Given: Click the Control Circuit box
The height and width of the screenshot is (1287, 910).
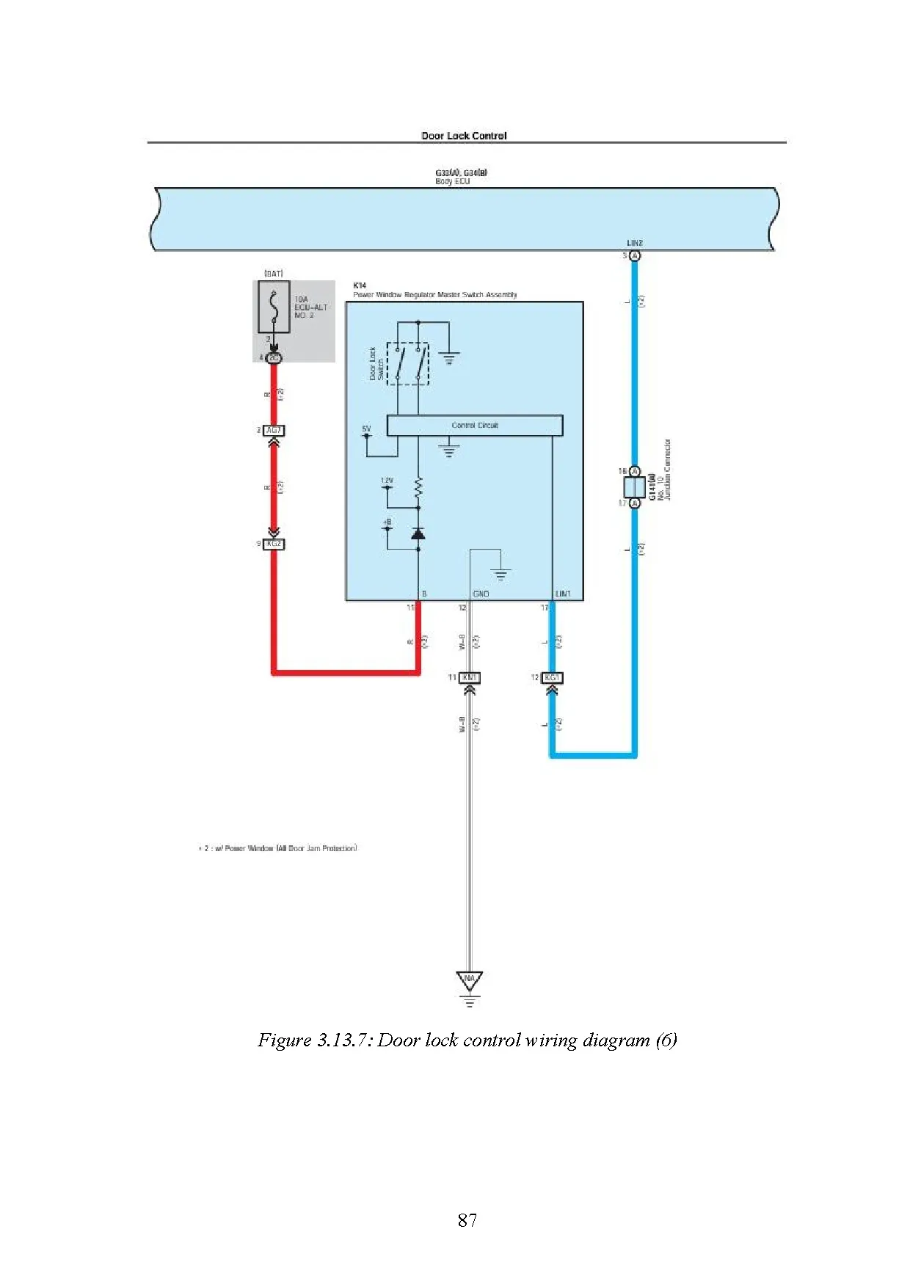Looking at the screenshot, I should click(474, 426).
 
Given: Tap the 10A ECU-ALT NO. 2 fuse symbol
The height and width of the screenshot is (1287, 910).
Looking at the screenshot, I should click(274, 307).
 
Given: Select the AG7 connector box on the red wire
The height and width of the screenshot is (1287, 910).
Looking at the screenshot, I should click(274, 431).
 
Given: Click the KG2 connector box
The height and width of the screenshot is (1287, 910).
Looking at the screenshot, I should click(274, 544).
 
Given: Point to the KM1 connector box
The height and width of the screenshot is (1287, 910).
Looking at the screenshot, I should click(470, 677).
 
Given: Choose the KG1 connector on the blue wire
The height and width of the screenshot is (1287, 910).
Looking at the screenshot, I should click(552, 677).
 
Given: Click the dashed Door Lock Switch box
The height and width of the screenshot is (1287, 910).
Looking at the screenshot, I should click(408, 363).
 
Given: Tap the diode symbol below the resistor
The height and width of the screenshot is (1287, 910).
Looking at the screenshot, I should click(418, 533).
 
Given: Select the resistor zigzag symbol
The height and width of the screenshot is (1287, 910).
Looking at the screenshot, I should click(418, 486).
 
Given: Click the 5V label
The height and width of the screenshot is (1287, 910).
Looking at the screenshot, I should click(366, 429).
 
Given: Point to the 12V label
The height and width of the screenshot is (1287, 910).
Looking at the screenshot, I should click(387, 481).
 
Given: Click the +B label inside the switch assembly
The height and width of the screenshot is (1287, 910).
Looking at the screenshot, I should click(387, 522).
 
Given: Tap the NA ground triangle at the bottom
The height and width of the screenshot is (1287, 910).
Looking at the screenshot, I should click(470, 980).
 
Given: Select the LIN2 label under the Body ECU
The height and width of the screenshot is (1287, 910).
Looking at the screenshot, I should click(635, 243).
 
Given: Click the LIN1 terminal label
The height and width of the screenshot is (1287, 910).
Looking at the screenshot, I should click(563, 594).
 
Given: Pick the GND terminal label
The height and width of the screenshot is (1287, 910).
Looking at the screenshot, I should click(481, 594).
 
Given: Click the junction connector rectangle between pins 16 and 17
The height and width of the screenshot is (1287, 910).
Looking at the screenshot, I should click(634, 487).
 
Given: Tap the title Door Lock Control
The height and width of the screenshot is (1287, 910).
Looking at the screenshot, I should click(464, 136).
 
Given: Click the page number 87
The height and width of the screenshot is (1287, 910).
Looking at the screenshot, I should click(467, 1219).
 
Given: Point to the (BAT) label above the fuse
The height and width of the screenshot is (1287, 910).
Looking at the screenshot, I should click(274, 274).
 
